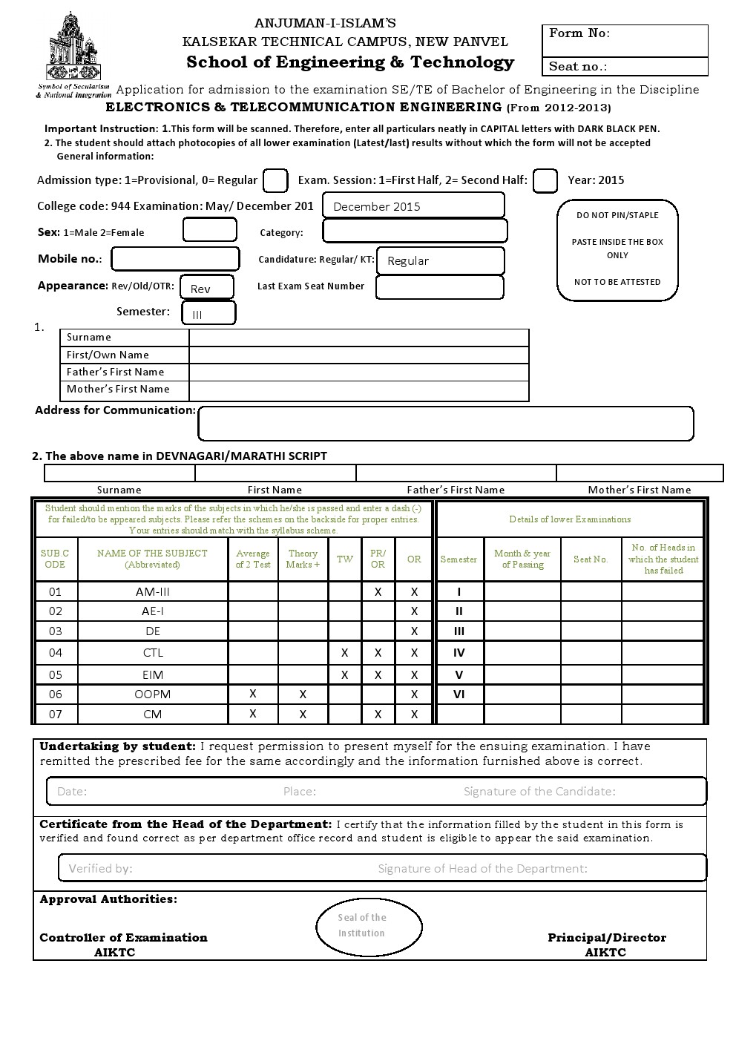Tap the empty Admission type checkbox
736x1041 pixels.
click(x=275, y=180)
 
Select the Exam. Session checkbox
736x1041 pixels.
click(x=545, y=180)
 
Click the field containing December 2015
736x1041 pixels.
click(x=413, y=206)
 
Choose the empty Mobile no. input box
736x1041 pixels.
click(x=175, y=259)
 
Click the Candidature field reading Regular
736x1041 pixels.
click(x=440, y=260)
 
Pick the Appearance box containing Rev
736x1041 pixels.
click(x=208, y=287)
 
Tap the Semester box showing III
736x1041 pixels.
click(x=208, y=313)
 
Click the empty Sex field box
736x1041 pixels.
click(x=209, y=230)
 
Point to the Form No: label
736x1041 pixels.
click(x=579, y=33)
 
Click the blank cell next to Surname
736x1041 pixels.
click(x=358, y=338)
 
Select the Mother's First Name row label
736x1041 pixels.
click(x=118, y=390)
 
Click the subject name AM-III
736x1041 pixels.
click(x=153, y=591)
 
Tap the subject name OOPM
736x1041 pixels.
click(x=153, y=694)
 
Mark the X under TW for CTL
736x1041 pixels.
click(x=344, y=653)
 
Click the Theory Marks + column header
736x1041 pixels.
click(x=303, y=559)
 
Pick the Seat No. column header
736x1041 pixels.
click(x=591, y=559)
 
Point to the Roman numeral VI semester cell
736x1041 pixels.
click(x=459, y=694)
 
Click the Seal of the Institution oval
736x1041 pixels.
click(x=369, y=926)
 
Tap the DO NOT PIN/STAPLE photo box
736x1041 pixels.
click(x=617, y=250)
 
